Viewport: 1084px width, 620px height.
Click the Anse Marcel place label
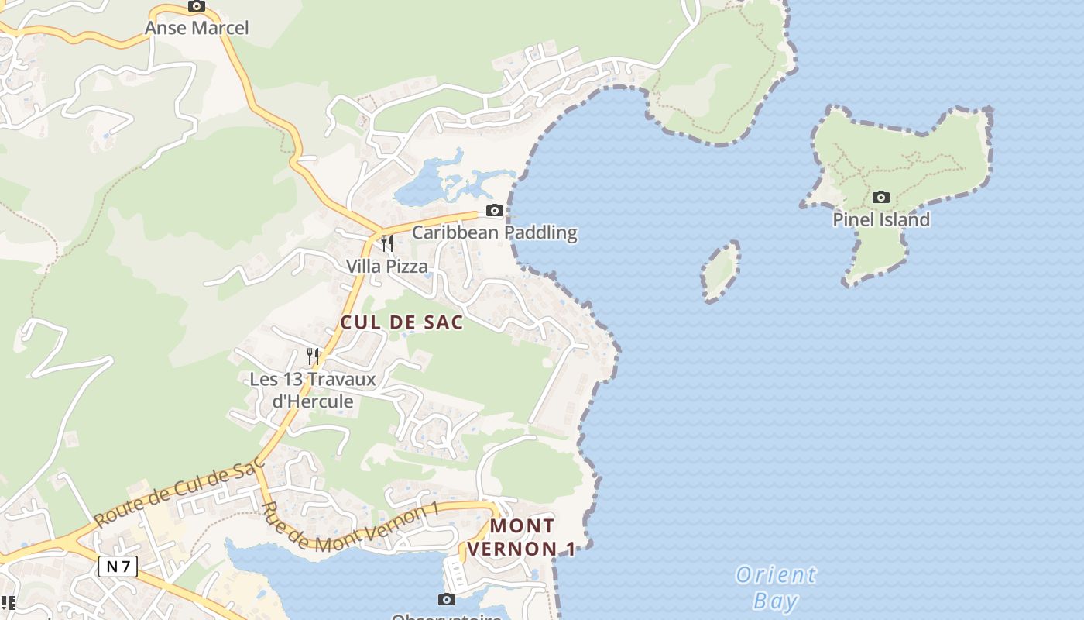click(197, 28)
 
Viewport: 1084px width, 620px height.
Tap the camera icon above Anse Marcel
click(197, 6)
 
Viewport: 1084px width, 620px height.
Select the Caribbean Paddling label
click(494, 232)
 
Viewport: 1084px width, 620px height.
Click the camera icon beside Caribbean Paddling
click(494, 210)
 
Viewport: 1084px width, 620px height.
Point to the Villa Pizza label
click(386, 266)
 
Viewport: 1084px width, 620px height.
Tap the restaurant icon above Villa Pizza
click(386, 243)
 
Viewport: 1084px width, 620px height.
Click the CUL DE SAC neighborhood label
click(402, 322)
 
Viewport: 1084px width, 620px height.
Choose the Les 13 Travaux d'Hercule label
click(312, 390)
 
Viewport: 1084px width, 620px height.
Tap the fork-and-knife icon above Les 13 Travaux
click(313, 356)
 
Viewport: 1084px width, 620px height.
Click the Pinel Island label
click(880, 219)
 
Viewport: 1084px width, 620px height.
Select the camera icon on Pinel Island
click(880, 198)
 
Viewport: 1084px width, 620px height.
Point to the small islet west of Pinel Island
click(720, 270)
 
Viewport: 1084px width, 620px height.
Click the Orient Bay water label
click(775, 587)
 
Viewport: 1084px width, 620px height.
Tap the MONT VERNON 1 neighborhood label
click(533, 537)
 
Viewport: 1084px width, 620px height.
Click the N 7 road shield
click(118, 567)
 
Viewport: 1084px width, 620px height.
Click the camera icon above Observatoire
click(446, 599)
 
